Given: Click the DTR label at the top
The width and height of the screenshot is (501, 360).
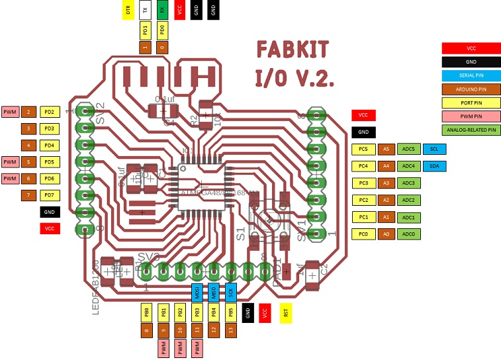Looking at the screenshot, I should point(128,10).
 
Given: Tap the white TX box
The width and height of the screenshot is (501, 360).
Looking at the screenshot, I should point(146,10).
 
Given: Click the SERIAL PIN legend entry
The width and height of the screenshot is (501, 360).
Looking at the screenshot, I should point(471,75).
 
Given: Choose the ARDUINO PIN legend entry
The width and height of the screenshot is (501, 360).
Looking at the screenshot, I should point(471,89).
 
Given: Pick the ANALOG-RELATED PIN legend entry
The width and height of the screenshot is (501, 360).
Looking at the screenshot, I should point(471,130).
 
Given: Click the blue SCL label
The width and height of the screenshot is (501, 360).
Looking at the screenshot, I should point(434,149).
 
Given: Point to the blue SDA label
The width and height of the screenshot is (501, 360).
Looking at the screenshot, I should point(434,166).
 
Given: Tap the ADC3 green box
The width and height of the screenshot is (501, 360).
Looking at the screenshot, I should point(408,183).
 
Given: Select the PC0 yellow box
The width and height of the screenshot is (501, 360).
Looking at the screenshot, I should point(363,234).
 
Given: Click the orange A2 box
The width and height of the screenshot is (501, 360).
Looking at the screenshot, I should point(386,200).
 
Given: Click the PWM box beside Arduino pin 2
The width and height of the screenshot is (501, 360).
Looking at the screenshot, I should point(11,112).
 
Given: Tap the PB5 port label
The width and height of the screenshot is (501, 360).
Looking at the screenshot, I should point(230,312).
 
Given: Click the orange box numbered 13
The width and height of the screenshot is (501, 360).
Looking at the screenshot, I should point(230,330).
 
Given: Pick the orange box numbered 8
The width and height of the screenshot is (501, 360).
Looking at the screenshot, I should point(146,330).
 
